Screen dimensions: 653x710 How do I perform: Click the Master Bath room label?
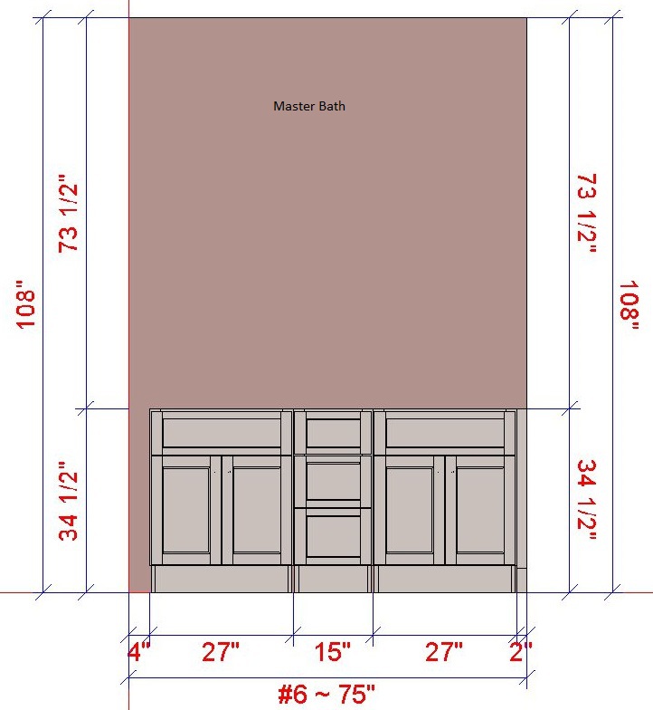click(x=309, y=106)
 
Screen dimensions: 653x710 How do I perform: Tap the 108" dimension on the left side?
click(x=25, y=304)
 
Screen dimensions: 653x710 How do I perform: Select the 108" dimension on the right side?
click(x=629, y=306)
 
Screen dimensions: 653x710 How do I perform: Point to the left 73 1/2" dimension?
click(x=69, y=214)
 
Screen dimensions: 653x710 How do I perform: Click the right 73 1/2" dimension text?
click(x=587, y=214)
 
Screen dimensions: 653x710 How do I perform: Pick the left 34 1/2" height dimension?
click(x=69, y=502)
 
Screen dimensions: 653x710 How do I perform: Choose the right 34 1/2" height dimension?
click(x=587, y=500)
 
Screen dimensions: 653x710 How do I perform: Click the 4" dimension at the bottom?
click(x=139, y=652)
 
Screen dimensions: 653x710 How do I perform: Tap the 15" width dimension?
click(x=333, y=652)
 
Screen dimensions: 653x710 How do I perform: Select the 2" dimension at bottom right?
click(x=521, y=652)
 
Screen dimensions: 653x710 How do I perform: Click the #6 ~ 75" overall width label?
click(x=326, y=694)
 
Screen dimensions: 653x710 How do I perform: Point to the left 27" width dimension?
click(x=221, y=652)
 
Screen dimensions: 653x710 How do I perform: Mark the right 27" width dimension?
click(x=444, y=652)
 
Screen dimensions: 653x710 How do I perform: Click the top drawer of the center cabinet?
click(x=333, y=433)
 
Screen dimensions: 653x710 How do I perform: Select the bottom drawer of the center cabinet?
click(x=333, y=536)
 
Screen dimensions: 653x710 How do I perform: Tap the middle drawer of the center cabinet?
click(x=333, y=482)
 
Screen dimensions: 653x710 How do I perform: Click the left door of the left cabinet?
click(x=186, y=510)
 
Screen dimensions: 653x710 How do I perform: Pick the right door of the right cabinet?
click(x=480, y=510)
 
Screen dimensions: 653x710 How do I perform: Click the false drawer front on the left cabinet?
click(x=222, y=433)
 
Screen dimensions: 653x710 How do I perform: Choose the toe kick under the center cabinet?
click(x=333, y=579)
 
